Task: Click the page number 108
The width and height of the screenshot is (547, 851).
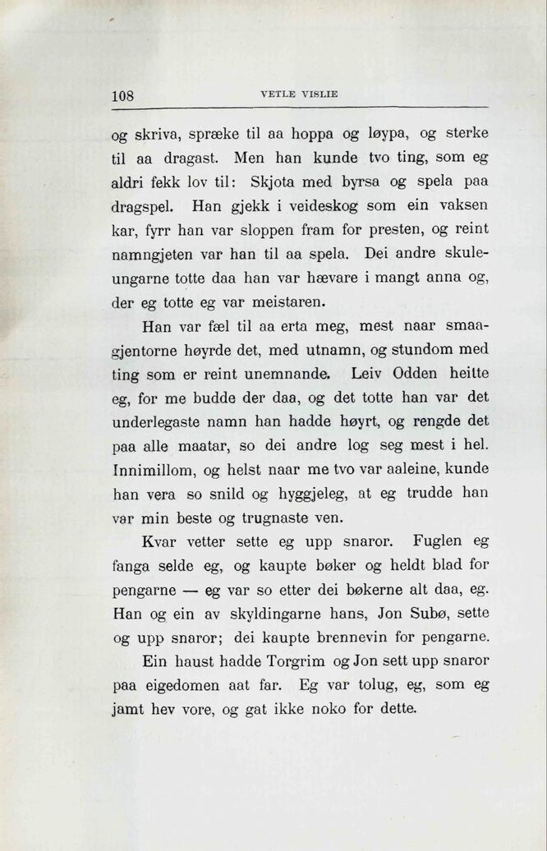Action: pyautogui.click(x=123, y=94)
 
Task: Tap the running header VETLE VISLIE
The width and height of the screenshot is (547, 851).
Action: pyautogui.click(x=299, y=94)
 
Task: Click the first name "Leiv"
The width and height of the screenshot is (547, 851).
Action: pyautogui.click(x=365, y=373)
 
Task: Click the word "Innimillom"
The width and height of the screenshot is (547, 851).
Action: pyautogui.click(x=151, y=470)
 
